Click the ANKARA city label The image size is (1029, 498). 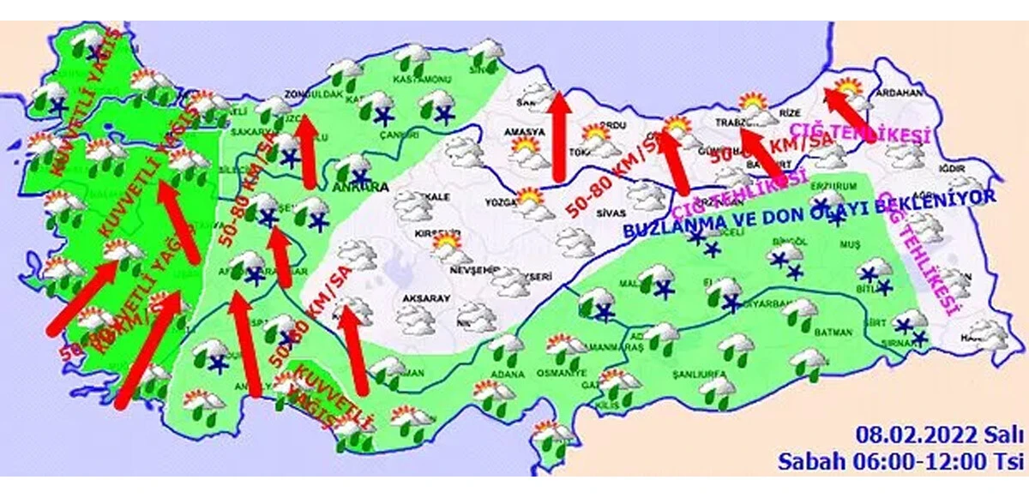tap(364, 186)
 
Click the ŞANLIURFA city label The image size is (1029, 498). tap(690, 361)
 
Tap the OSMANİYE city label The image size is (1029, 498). tap(561, 373)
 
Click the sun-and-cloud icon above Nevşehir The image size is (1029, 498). tap(447, 248)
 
